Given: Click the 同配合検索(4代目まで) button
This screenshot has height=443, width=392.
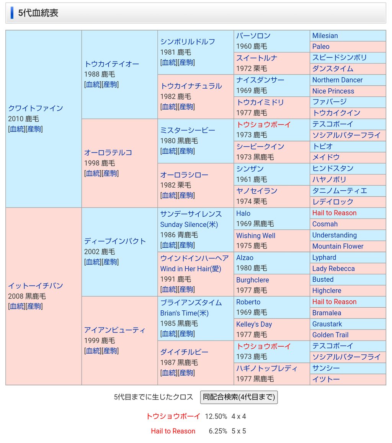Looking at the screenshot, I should (x=239, y=397).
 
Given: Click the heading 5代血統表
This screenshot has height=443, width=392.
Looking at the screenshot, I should (x=38, y=13).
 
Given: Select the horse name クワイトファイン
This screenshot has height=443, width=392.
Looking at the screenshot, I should (x=35, y=108).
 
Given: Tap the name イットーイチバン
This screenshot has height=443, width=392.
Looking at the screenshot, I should (x=35, y=286).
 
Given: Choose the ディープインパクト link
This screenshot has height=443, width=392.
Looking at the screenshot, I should (x=115, y=241).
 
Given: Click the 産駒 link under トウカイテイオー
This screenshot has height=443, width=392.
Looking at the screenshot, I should (x=110, y=84).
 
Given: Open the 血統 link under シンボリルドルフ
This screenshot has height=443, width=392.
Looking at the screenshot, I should (x=169, y=63).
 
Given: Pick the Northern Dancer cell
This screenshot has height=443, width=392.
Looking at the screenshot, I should (x=337, y=80).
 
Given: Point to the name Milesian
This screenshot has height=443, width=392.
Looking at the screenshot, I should (x=325, y=36).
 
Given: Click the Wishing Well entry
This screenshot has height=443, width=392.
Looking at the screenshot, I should (x=255, y=235).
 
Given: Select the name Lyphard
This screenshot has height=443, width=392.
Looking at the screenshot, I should (x=324, y=258).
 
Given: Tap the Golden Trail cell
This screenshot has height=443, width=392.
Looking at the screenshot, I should (x=330, y=335).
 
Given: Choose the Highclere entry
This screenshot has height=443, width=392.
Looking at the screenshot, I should (x=327, y=290).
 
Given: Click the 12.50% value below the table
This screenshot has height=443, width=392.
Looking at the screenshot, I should (x=216, y=416).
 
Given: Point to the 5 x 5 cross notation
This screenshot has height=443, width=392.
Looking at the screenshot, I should (x=238, y=431).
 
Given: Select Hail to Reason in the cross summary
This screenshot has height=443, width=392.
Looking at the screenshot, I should (x=173, y=431).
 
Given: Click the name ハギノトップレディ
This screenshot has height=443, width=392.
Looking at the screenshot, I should (x=266, y=368).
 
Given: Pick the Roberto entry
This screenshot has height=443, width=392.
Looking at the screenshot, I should (x=248, y=302).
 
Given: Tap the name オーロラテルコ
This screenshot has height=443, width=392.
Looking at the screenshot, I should (x=108, y=153).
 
